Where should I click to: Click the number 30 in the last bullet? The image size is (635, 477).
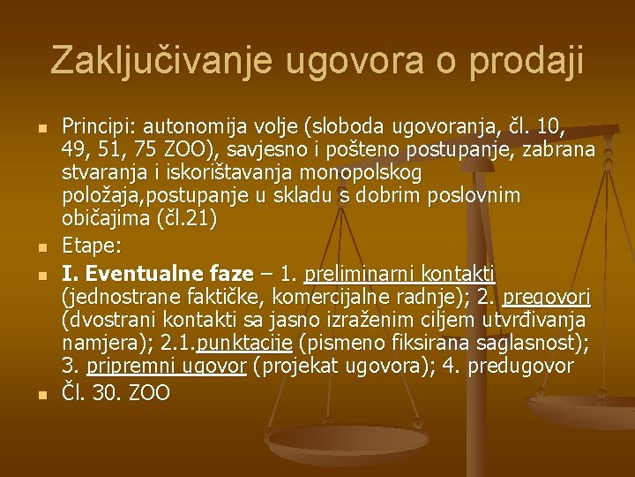coord(108,393)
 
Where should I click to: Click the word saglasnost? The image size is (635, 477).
coord(511,342)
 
